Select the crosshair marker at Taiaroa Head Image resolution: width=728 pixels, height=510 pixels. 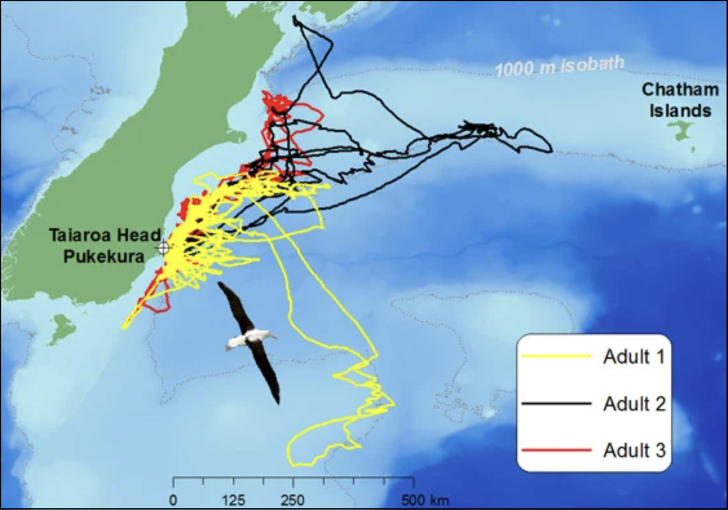coord(163,247)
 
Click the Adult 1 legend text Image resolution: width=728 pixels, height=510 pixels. coord(633,355)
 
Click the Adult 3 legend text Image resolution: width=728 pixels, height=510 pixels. coord(633,449)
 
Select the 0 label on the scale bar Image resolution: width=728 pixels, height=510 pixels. coord(173,499)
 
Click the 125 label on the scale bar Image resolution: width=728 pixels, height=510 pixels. coord(233,499)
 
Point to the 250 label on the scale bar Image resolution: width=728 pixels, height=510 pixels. coord(293,499)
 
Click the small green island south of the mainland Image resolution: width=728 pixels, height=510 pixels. coord(62,328)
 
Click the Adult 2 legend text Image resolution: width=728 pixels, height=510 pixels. coord(633,403)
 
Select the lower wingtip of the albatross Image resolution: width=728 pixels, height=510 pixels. coord(278,402)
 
